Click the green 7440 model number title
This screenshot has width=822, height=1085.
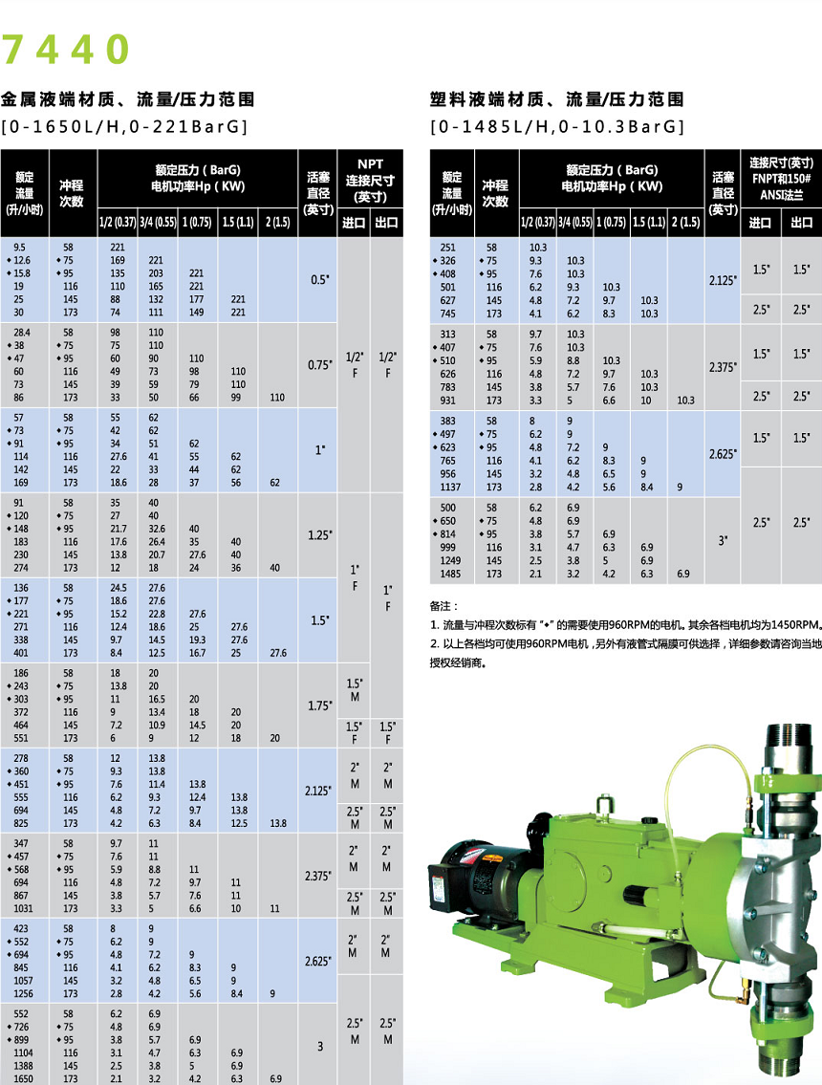(x=65, y=50)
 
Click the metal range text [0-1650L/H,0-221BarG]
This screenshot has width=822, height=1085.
(x=125, y=126)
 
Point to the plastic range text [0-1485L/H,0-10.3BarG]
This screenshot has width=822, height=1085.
(x=557, y=126)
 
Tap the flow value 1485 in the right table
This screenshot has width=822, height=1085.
(x=451, y=574)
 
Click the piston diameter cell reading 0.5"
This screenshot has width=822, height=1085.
(x=319, y=280)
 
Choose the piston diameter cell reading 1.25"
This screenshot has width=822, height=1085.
(x=319, y=535)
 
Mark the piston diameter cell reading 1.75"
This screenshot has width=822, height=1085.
(x=319, y=705)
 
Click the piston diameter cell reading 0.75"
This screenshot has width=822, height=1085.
(x=319, y=364)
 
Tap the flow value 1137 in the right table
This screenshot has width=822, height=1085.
(x=451, y=487)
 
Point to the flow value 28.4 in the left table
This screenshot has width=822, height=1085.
(x=21, y=331)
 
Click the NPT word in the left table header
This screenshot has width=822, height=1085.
(x=370, y=163)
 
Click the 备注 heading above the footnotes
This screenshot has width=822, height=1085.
(x=444, y=605)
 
